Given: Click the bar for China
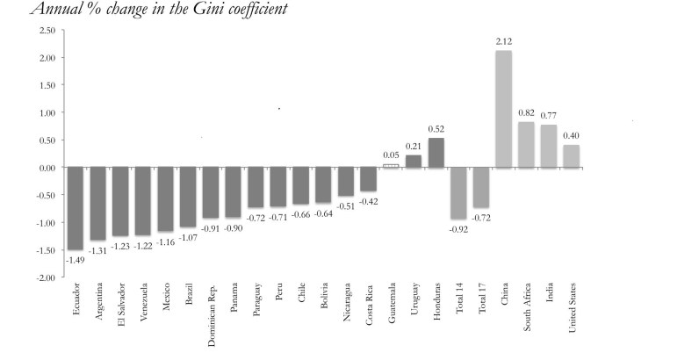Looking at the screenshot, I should [504, 109].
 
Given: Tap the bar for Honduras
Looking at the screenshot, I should [436, 153].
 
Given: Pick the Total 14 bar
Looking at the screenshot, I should [459, 193].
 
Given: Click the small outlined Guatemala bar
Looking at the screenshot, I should [392, 165].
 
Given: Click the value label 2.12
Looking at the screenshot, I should [504, 42].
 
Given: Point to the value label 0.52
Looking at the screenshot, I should [436, 129].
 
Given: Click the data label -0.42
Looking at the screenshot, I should [369, 200].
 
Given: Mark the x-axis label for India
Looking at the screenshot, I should [550, 294].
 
